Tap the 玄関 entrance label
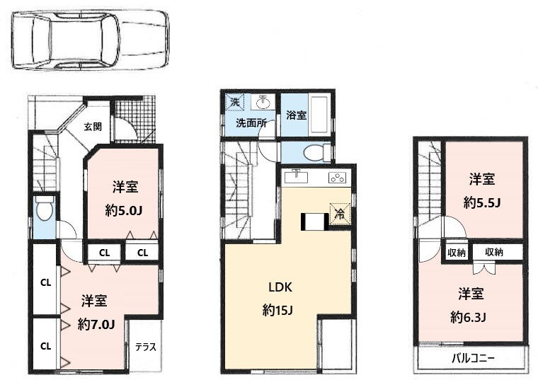(92, 127)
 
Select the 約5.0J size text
(125, 211)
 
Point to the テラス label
(146, 347)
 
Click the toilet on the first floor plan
(44, 209)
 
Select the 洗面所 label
(251, 122)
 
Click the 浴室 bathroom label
(296, 115)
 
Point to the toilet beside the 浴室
(314, 152)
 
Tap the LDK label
(280, 287)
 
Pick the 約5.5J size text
(482, 202)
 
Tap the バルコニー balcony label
(474, 358)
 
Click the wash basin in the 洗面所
(263, 102)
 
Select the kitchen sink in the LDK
(297, 177)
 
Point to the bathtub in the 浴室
(319, 113)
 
